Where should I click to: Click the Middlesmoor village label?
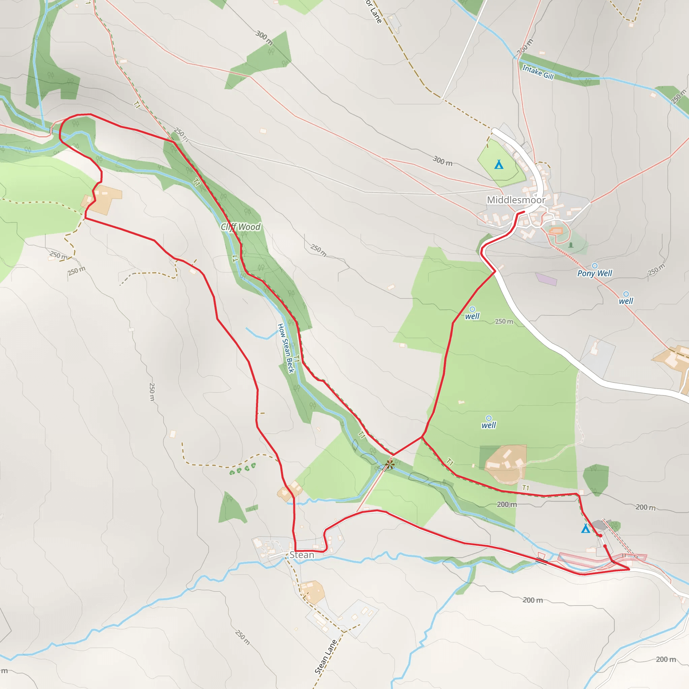[516, 200]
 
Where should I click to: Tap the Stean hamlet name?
[302, 555]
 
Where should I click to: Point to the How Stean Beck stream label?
[286, 349]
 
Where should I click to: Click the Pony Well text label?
[594, 274]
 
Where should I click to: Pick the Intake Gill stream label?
[538, 72]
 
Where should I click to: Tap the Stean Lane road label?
[326, 657]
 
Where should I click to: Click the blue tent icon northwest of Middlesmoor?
[499, 165]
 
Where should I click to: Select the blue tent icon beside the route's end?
[585, 529]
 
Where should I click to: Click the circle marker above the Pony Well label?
[594, 266]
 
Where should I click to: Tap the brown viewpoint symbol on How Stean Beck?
[390, 464]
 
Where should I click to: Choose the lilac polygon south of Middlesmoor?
[546, 279]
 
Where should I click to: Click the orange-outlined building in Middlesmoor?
[556, 231]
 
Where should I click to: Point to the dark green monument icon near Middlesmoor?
[571, 245]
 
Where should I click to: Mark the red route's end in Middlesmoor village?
[523, 212]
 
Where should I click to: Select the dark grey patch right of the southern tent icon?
[600, 524]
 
